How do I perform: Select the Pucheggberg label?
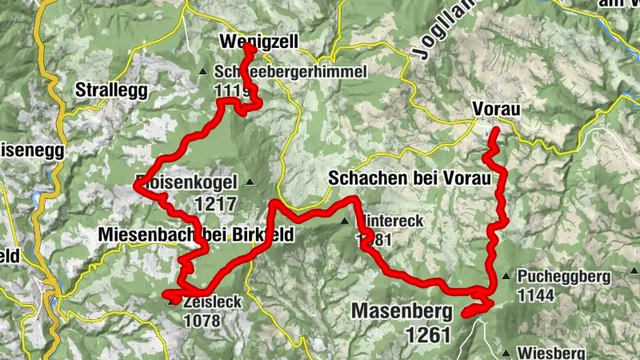click(x=563, y=277)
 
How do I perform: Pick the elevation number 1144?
click(x=536, y=294)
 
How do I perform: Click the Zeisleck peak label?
click(x=212, y=304)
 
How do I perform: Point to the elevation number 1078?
click(x=203, y=320)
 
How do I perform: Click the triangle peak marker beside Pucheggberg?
click(x=506, y=277)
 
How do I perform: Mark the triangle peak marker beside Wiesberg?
click(x=506, y=352)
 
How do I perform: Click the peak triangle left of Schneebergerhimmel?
click(x=202, y=73)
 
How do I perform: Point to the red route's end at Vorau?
click(x=494, y=130)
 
